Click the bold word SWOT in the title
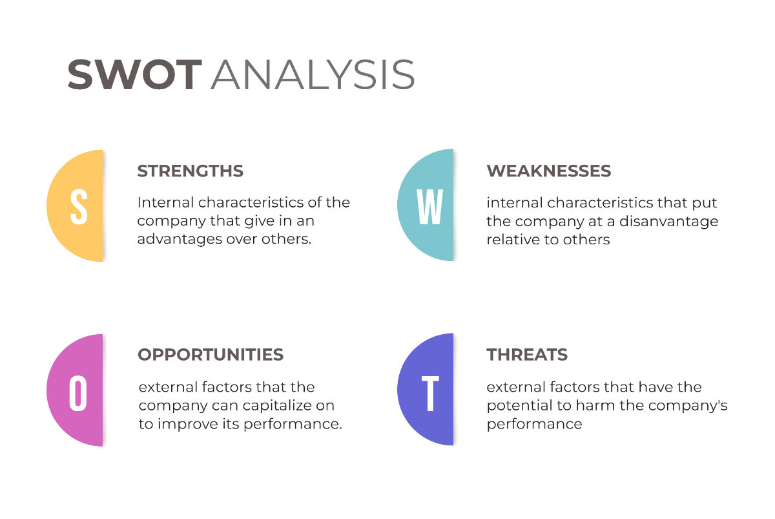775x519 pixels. pos(135,74)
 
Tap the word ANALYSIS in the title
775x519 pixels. pos(312,74)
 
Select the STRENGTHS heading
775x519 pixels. pos(190,171)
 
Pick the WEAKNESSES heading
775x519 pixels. pos(548,171)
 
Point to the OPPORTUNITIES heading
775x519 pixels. pos(211,355)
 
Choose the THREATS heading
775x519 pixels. pos(527,355)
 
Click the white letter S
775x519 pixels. pos(79,206)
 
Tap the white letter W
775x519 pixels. pos(429,206)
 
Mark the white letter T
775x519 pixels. pos(430,392)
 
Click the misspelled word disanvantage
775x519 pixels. pos(669,221)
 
